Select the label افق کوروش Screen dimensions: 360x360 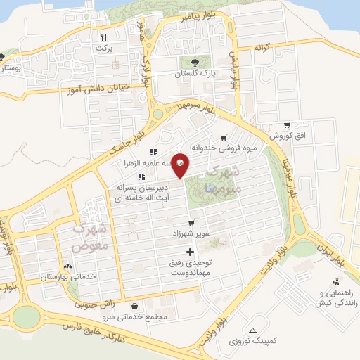(x=288, y=134)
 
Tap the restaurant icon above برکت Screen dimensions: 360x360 (x=104, y=37)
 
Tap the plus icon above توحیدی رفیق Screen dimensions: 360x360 (x=189, y=251)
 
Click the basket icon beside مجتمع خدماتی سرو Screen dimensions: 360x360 (x=135, y=306)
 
